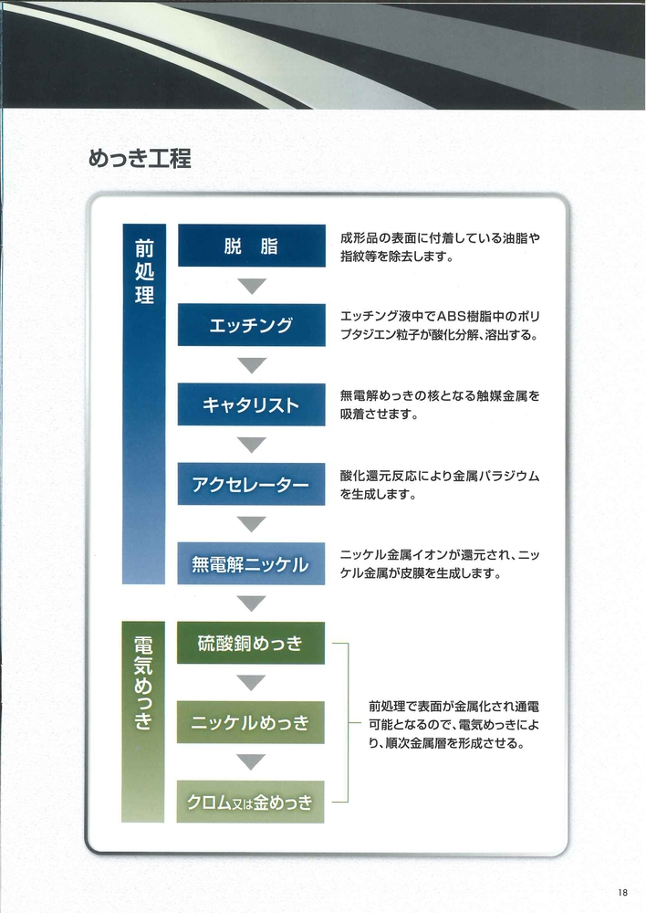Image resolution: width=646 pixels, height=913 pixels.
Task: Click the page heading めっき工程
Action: click(140, 158)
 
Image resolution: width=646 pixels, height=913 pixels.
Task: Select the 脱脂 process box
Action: click(252, 246)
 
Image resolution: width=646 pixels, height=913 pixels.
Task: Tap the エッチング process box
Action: click(252, 325)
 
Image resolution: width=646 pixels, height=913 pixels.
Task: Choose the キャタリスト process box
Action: click(252, 404)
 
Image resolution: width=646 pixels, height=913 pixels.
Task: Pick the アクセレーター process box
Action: click(252, 484)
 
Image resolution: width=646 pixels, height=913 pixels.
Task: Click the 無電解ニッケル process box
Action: click(251, 563)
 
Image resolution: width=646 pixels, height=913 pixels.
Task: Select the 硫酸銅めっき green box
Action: click(251, 643)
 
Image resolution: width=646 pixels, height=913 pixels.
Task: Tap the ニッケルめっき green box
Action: click(251, 722)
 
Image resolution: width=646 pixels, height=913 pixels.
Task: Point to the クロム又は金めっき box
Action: click(250, 802)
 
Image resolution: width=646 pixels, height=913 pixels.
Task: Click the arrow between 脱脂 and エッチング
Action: click(252, 286)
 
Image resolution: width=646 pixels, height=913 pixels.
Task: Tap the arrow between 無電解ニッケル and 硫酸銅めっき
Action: click(252, 603)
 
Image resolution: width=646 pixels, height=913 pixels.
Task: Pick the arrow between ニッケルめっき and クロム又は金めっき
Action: click(252, 762)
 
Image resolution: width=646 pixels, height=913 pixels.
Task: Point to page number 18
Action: click(623, 892)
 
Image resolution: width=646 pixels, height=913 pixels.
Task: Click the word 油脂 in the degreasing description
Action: click(516, 238)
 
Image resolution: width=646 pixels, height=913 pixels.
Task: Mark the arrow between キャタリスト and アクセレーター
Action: click(252, 445)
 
